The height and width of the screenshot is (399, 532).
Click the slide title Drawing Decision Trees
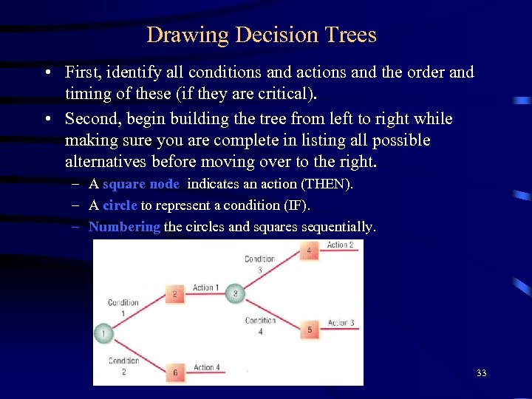pos(262,35)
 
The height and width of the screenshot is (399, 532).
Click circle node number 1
pos(103,334)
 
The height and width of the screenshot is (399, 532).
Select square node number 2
pos(174,294)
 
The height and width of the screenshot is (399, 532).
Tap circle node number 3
pos(235,293)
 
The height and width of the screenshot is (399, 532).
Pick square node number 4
pos(309,251)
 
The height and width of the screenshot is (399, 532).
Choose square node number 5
pos(309,330)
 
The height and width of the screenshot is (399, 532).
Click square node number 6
pos(174,372)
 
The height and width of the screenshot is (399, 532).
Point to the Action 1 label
pos(205,287)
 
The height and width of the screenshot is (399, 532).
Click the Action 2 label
pos(340,245)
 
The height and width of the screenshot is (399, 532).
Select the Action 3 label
pos(341,323)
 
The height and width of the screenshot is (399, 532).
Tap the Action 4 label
pos(206,367)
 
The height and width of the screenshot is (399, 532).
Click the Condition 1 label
pos(123,307)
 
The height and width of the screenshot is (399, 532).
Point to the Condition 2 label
pos(123,366)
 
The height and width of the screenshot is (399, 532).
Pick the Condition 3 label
pos(259,264)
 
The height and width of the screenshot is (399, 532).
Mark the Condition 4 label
pos(260,325)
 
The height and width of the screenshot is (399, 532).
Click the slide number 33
pos(481,373)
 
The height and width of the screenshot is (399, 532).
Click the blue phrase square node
pos(140,185)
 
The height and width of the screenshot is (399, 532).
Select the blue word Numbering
pos(124,227)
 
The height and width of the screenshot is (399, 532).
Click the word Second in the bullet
pos(90,119)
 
